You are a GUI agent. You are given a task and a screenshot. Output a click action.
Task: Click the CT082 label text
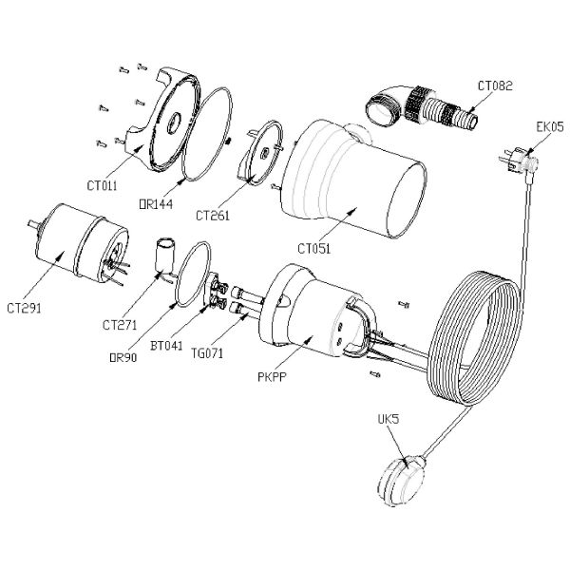(495, 85)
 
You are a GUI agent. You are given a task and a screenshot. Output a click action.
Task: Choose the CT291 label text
(24, 308)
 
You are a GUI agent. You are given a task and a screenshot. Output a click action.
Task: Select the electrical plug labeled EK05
(517, 162)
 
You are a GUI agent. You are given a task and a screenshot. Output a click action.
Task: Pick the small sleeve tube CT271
(167, 256)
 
